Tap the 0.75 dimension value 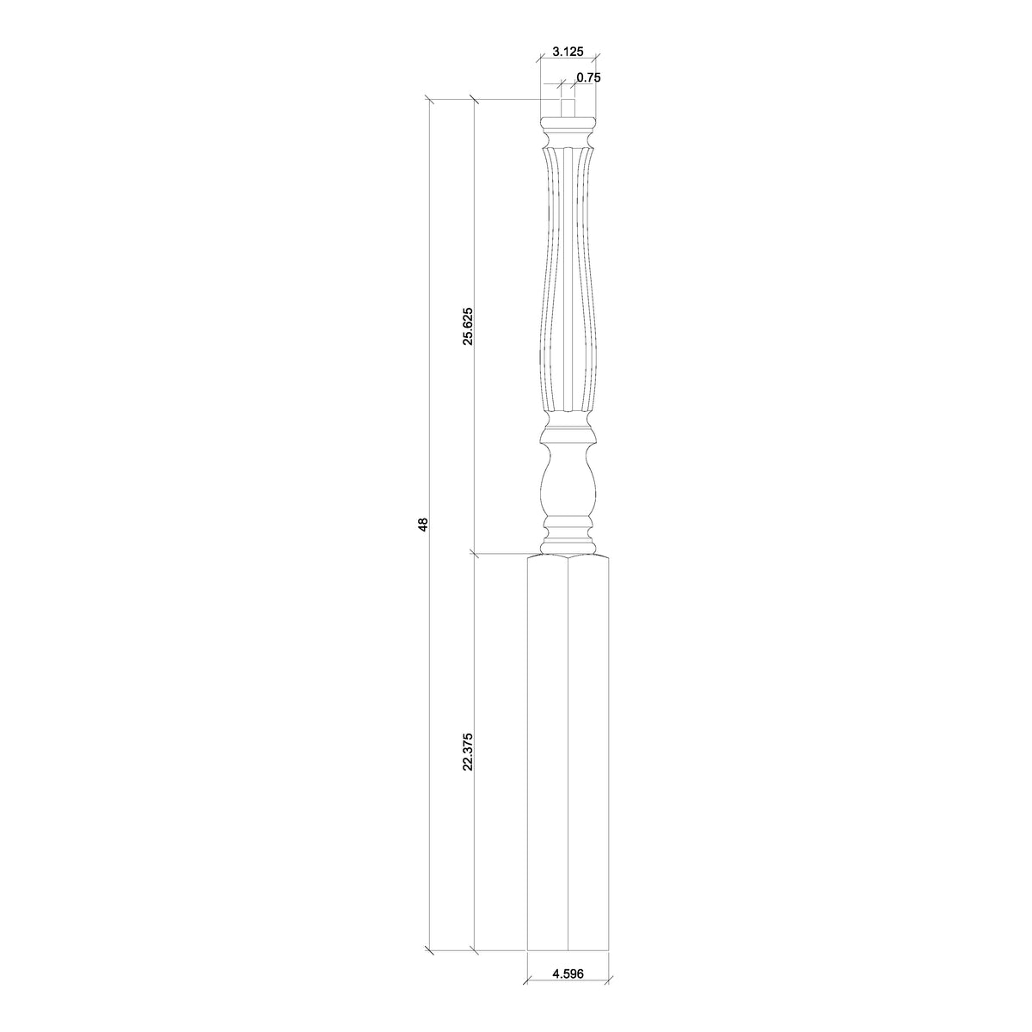588,77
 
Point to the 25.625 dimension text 467,326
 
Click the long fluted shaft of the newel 568,284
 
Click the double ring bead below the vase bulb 568,525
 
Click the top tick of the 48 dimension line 429,101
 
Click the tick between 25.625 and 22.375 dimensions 474,553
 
